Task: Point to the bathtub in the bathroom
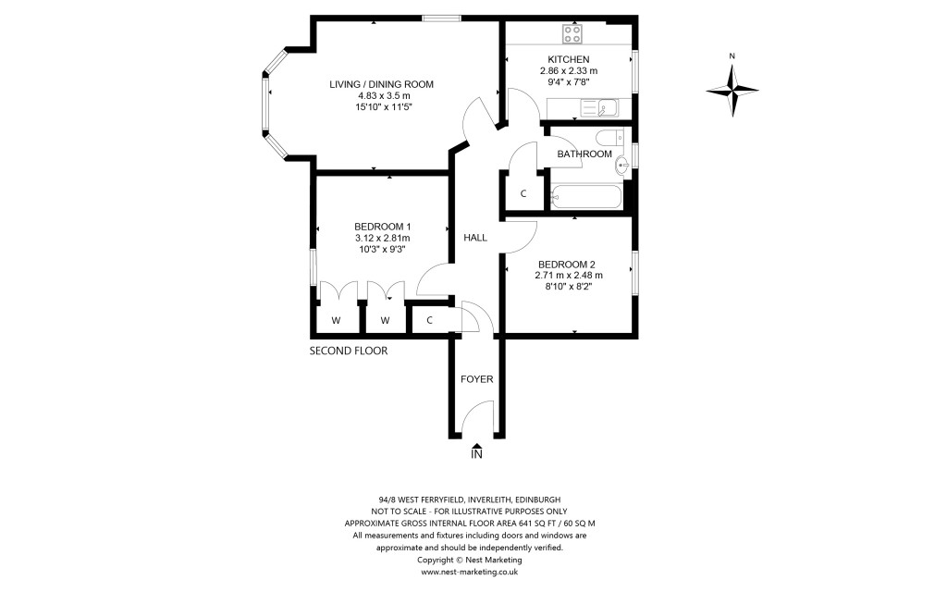click(x=586, y=195)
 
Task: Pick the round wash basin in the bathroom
click(x=622, y=166)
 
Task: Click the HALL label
click(x=475, y=238)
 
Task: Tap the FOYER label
click(x=476, y=379)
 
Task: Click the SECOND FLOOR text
click(x=349, y=351)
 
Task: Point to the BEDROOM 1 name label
click(x=383, y=227)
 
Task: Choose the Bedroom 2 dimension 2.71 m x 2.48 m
click(x=569, y=275)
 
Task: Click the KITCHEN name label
click(x=568, y=59)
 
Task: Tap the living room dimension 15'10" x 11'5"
click(x=382, y=107)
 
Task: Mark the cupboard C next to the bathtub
click(x=523, y=193)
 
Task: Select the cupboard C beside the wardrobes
click(x=430, y=320)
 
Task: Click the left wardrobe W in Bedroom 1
click(x=336, y=320)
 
